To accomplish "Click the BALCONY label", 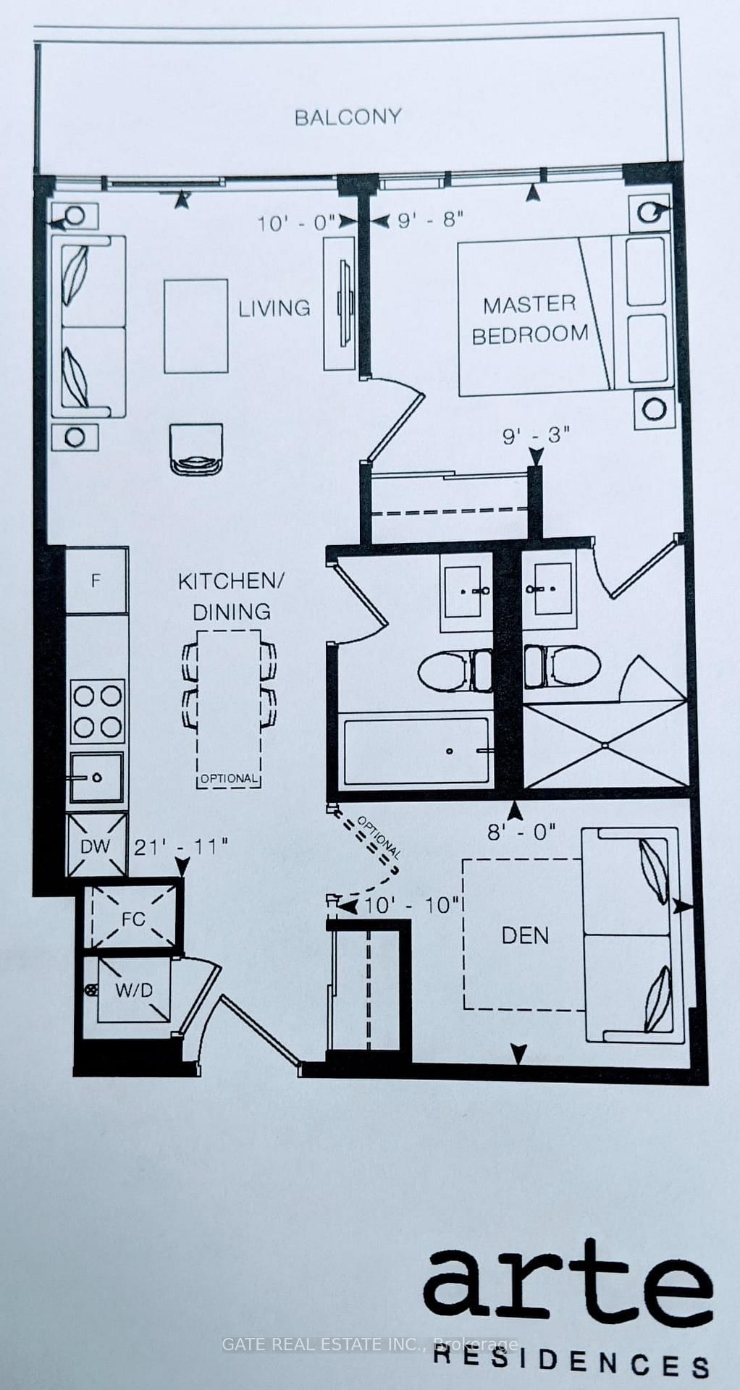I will tap(348, 117).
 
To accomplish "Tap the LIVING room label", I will tap(274, 308).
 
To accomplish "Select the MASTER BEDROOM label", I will tap(530, 319).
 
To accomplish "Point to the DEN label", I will tap(525, 935).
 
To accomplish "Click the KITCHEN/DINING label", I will tap(232, 596).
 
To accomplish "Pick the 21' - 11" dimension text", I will tap(181, 846).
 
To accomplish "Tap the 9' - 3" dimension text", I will tap(537, 436).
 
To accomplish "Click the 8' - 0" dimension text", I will tap(521, 832).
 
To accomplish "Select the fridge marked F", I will tap(96, 581).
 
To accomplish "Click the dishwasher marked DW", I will tap(96, 846).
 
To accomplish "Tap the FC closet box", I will tap(133, 919).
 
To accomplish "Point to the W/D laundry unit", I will tap(134, 990).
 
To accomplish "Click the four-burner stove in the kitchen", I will tap(97, 711).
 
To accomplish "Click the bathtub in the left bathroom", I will tap(416, 751).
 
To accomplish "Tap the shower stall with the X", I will tap(605, 744).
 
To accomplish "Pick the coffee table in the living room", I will tap(195, 326).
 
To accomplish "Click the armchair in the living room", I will tap(195, 449).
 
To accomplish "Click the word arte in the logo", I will tap(567, 1286).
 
